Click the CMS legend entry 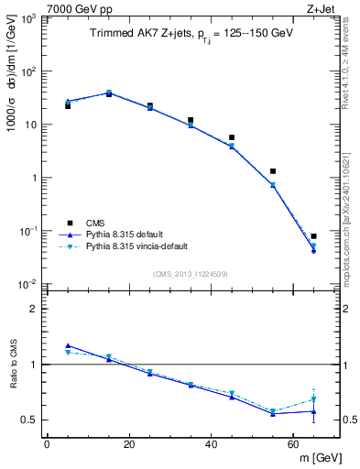click(x=95, y=222)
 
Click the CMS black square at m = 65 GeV click(x=313, y=236)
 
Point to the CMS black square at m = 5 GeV click(x=68, y=106)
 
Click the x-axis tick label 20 click(x=129, y=444)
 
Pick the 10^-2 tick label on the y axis click(x=27, y=285)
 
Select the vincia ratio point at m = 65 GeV click(x=313, y=399)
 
